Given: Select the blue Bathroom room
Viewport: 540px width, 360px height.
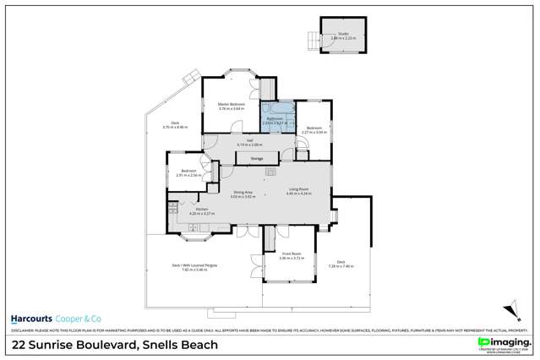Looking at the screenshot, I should click(275, 119).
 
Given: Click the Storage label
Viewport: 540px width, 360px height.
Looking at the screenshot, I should click(255, 157).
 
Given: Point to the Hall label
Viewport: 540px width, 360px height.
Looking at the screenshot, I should click(249, 142).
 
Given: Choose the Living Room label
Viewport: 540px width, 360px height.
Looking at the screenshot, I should click(298, 190).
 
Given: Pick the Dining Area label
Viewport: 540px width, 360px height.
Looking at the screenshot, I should click(243, 194).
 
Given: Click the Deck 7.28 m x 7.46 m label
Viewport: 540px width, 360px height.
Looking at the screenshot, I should click(341, 263).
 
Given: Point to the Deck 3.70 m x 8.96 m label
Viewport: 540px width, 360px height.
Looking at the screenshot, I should click(175, 124).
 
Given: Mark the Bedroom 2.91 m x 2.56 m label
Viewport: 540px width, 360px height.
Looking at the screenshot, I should click(188, 173).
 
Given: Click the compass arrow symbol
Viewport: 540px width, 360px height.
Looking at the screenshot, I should click(509, 310).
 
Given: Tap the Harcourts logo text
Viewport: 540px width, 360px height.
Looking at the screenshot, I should click(34, 318).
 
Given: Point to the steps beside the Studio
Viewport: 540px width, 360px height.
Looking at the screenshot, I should click(314, 38).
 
